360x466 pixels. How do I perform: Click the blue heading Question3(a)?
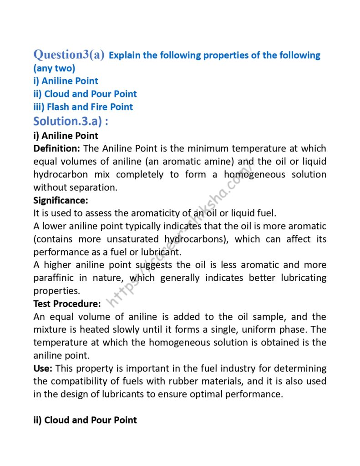(69, 55)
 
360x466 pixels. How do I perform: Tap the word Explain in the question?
(125, 56)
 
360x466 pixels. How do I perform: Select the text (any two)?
(54, 68)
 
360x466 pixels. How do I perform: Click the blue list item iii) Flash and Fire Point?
(83, 107)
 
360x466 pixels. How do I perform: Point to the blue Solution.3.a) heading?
(71, 121)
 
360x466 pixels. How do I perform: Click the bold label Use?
(43, 368)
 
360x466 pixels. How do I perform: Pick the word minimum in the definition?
(207, 148)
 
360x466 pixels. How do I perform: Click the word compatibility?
(77, 381)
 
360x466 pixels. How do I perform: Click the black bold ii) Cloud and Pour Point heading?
(85, 420)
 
